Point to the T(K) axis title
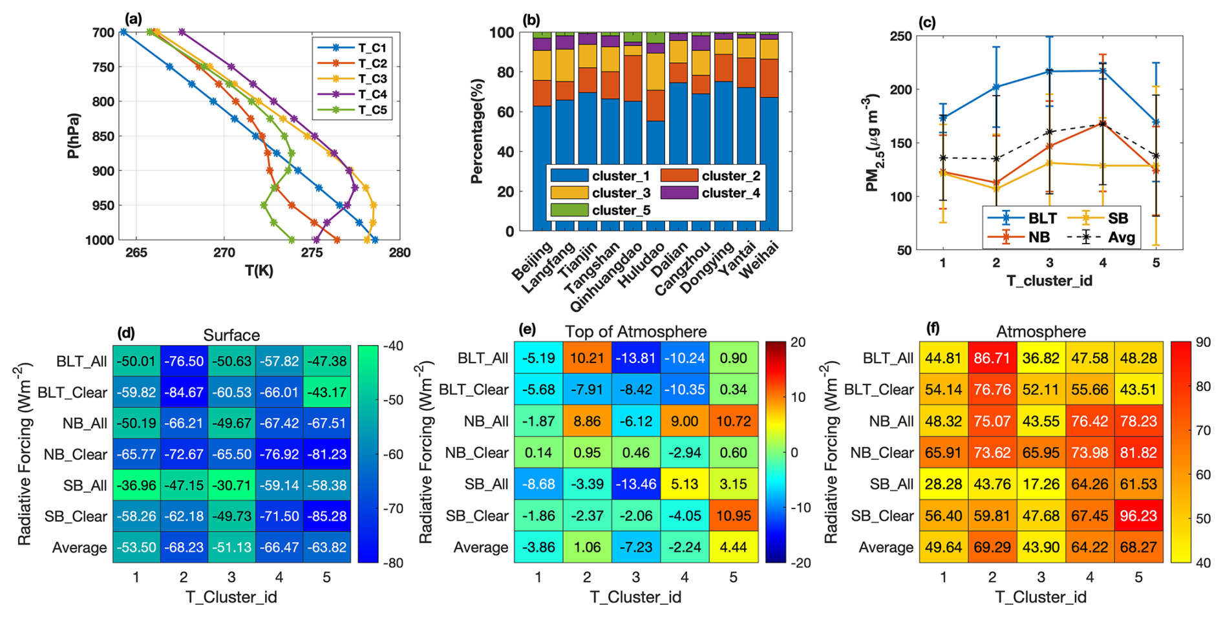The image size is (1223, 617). click(x=259, y=271)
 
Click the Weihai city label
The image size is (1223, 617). click(x=759, y=260)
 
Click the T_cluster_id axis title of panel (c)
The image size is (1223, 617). click(x=1049, y=280)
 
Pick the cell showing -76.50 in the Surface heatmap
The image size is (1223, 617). click(x=184, y=361)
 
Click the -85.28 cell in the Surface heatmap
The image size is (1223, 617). click(x=326, y=516)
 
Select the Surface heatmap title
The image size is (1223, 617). click(x=231, y=335)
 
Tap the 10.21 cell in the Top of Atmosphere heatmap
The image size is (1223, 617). click(x=587, y=358)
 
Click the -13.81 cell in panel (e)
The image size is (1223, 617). click(x=635, y=358)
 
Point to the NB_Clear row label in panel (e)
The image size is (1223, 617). click(x=476, y=452)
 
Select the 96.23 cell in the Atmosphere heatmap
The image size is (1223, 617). click(x=1138, y=516)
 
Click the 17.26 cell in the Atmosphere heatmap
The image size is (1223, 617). click(x=1041, y=484)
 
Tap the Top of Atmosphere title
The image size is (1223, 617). click(x=635, y=331)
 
